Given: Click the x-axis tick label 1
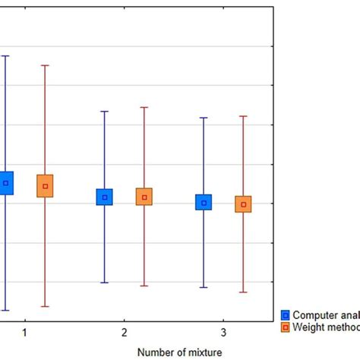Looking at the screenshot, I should point(25,333).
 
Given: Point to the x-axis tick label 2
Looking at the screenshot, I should point(125,333).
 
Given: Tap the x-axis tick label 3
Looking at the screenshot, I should point(223,333).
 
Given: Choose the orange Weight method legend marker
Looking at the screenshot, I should point(286,327).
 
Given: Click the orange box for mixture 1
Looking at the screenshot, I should point(46,186).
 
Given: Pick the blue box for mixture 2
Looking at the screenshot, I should point(105,197).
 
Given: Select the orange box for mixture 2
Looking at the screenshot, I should point(144,197).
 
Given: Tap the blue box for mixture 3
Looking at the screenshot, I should point(204,203).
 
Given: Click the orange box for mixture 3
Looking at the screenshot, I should point(243,204).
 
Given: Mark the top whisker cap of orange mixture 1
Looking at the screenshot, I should point(46,65).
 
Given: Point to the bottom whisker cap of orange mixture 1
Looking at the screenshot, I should point(46,306).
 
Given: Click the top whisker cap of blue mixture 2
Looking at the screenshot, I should point(105,112).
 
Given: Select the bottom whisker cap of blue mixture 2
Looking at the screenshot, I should point(105,283).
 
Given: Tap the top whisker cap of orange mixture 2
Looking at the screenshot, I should point(144,107).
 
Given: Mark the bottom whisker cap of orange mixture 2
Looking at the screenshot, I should point(144,286).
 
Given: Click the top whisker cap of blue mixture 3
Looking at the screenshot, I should point(204,118).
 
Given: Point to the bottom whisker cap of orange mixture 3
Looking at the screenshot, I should point(243,292).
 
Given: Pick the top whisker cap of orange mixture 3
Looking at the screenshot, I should point(243,116).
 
